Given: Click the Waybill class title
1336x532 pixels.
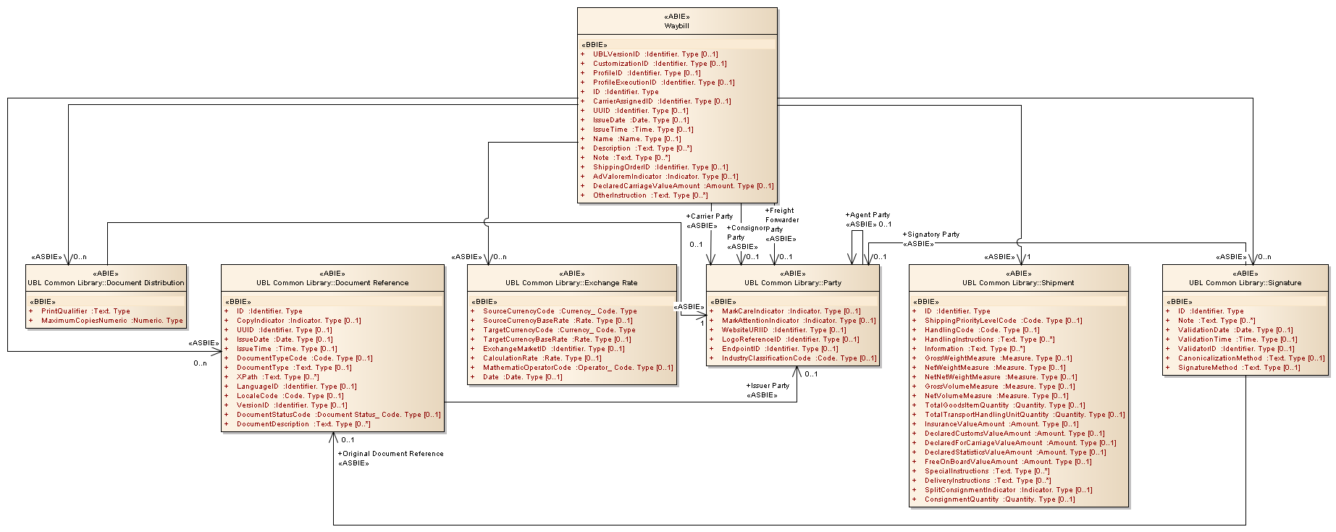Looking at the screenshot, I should tap(676, 26).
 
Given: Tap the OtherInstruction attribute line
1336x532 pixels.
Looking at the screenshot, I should tap(650, 195).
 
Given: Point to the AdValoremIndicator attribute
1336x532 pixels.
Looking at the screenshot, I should tap(665, 177).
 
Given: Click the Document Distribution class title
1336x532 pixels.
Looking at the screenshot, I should tap(106, 283).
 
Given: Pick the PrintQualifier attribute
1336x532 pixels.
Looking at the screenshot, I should tap(85, 311).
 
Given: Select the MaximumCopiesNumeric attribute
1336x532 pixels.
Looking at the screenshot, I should tap(112, 321).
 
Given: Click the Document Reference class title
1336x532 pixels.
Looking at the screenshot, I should tap(332, 283).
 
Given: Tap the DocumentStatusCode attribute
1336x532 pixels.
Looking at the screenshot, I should tap(338, 415).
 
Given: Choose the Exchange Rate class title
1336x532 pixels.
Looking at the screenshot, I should tap(571, 283).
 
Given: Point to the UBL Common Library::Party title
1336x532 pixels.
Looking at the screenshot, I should tap(792, 283).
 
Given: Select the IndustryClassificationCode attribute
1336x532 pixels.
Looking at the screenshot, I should tap(799, 358).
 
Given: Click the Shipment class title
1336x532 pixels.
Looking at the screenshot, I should tap(1018, 283).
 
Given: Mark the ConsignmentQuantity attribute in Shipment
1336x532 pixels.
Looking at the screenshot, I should tap(999, 499).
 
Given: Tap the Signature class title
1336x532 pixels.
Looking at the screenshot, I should tap(1245, 283).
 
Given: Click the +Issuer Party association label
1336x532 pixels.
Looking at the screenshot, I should tap(768, 386).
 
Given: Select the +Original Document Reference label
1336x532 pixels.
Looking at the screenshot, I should tap(390, 454).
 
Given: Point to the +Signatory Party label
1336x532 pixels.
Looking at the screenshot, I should tap(930, 235).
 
